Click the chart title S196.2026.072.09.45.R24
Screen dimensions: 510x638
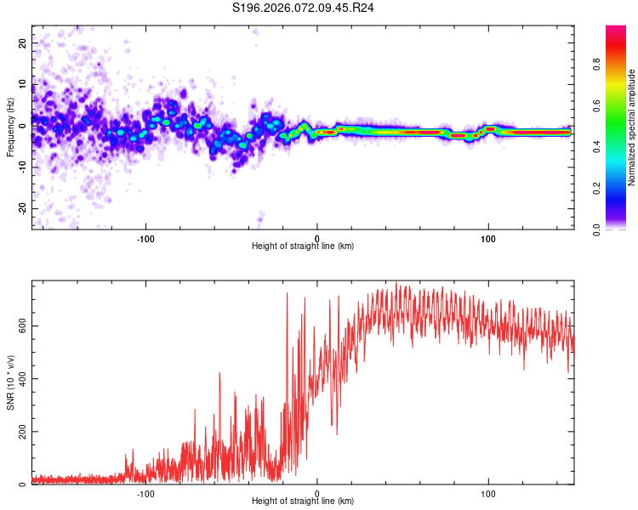(x=304, y=8)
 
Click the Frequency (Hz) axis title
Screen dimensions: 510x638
(x=11, y=127)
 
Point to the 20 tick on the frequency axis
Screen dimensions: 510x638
(x=23, y=42)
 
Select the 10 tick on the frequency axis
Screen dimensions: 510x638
(x=23, y=84)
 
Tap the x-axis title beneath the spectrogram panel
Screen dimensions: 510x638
(x=303, y=246)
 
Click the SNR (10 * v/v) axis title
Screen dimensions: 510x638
(x=11, y=382)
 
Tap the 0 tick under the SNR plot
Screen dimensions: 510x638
(x=317, y=493)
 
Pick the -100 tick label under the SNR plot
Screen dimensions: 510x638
(x=145, y=493)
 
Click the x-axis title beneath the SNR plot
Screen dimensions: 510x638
(x=303, y=502)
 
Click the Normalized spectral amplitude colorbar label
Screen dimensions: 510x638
(x=632, y=127)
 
